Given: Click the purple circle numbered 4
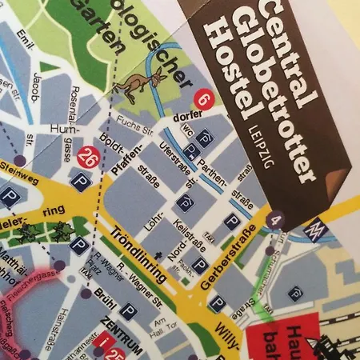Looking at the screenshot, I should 277,218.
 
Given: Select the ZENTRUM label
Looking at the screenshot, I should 122,330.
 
